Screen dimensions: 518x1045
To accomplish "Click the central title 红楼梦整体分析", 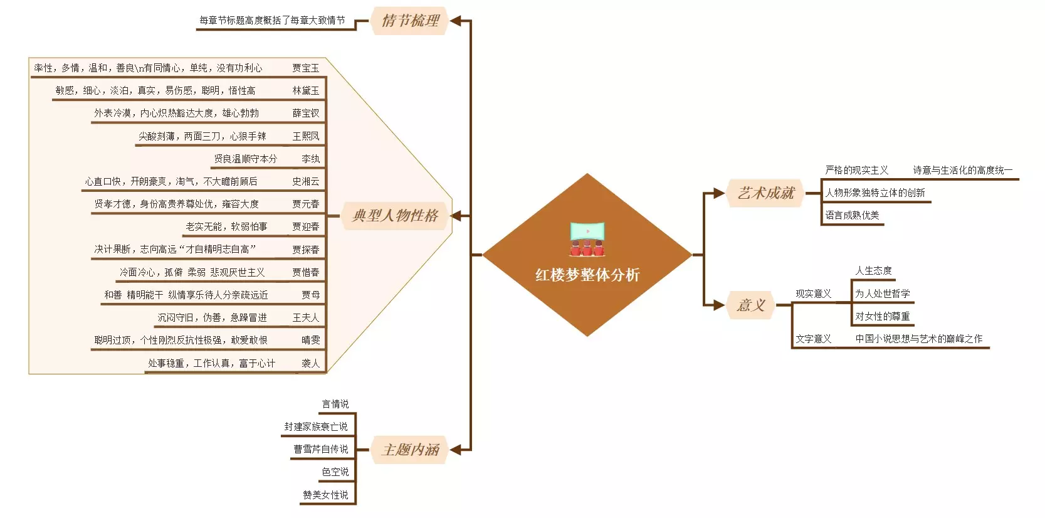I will (587, 275).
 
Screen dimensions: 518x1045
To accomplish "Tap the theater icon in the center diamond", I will (587, 238).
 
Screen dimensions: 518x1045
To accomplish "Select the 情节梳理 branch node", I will (410, 21).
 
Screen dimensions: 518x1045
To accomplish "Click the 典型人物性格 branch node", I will (395, 216).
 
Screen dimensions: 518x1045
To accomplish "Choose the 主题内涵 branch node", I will (410, 450).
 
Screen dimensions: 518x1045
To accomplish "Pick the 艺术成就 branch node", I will (765, 193).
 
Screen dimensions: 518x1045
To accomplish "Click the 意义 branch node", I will (750, 305).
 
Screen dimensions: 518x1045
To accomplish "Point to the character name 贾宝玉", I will (305, 68).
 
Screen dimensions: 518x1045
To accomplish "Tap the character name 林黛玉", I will (305, 90).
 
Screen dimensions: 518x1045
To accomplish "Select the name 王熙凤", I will (305, 136).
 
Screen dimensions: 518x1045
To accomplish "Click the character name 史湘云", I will (305, 181).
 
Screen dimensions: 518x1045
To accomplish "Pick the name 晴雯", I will (310, 340).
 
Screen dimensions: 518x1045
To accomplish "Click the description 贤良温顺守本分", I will (245, 159).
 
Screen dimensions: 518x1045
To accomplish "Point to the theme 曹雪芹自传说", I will (320, 449).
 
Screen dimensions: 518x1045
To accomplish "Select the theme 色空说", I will (335, 472).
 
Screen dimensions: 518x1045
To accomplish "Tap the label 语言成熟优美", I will (852, 215).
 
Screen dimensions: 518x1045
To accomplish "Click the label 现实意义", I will (813, 293).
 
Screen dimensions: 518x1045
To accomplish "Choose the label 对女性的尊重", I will (882, 316).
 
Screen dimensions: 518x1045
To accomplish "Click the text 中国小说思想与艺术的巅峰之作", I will (918, 339).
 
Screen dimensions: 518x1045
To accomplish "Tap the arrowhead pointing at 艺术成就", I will (718, 193).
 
